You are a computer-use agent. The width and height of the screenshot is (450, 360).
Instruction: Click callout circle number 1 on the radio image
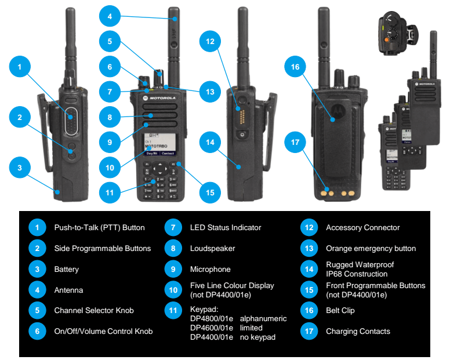coord(20,68)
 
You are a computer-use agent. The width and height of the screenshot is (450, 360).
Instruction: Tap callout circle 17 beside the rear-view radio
coord(295,142)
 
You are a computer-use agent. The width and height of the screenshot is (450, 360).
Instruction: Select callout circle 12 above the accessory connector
coord(210,42)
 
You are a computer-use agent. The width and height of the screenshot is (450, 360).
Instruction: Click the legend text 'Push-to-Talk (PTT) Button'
coord(99,228)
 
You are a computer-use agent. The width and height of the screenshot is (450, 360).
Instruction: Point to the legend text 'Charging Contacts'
coord(358,332)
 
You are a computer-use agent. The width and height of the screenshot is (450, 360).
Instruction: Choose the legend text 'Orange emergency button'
coord(371,249)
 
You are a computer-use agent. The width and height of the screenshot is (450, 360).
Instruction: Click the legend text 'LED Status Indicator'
coord(226,228)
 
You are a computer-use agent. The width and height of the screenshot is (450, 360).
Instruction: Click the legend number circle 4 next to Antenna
coord(38,290)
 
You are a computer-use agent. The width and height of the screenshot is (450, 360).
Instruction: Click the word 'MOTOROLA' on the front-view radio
coord(164,99)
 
